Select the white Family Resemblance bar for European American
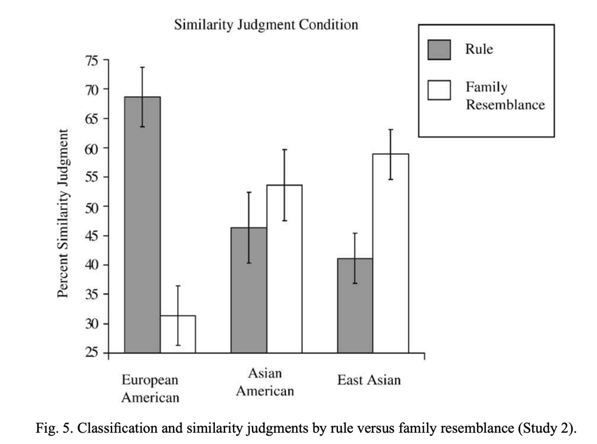click(178, 334)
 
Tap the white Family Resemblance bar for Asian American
click(284, 269)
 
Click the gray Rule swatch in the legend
click(439, 49)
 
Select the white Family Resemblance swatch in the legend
click(439, 90)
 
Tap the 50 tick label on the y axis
click(93, 206)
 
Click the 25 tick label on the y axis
click(93, 353)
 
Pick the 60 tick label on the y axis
click(93, 148)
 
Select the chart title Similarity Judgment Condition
click(266, 25)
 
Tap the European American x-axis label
click(150, 388)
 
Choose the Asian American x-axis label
click(265, 383)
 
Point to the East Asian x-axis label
click(369, 380)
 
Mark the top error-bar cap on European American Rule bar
click(142, 67)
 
